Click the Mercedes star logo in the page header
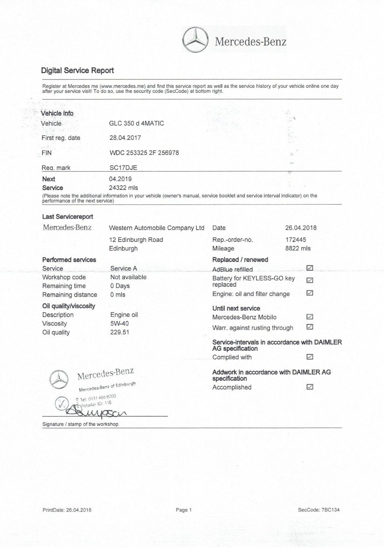195,40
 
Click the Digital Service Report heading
77,71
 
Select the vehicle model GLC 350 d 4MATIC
136,123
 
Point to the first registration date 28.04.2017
125,138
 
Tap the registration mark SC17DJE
123,168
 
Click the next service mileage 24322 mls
123,188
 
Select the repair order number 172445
295,239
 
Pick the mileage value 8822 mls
298,248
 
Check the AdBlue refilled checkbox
310,268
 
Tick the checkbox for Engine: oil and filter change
310,293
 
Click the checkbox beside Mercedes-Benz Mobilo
310,317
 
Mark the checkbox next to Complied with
310,357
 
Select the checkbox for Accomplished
310,387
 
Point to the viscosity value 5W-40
120,324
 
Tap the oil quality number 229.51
120,332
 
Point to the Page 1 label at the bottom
184,510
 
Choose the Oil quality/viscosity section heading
69,306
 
